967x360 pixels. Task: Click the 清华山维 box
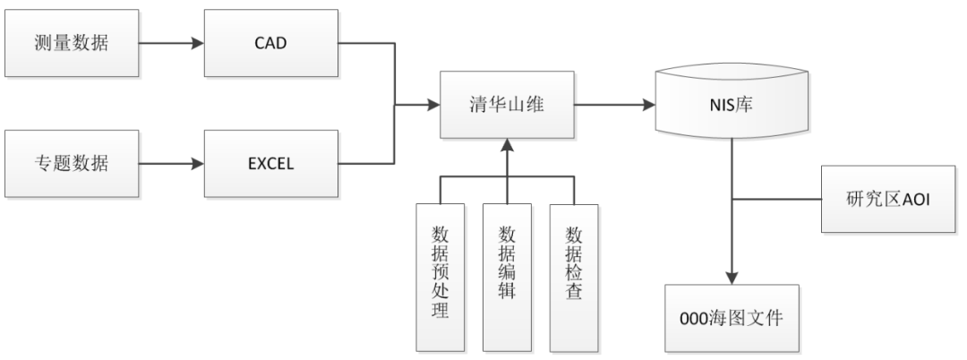507,105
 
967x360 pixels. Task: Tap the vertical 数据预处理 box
440,276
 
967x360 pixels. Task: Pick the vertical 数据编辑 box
507,276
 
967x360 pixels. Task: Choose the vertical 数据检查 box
573,276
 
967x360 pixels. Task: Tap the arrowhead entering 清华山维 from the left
433,105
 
